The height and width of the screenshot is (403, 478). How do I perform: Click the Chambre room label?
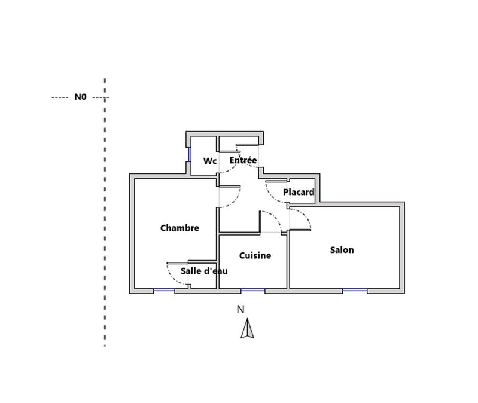pyautogui.click(x=179, y=228)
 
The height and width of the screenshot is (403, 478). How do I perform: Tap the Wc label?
pyautogui.click(x=209, y=161)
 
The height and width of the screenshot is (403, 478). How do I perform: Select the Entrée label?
pyautogui.click(x=243, y=160)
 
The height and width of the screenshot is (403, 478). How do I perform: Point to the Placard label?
pyautogui.click(x=299, y=192)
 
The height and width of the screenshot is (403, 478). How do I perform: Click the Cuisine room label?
pyautogui.click(x=255, y=255)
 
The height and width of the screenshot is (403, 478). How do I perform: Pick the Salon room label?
pyautogui.click(x=342, y=250)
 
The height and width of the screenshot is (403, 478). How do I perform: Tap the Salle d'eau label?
pyautogui.click(x=204, y=271)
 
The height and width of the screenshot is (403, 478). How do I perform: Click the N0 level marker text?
pyautogui.click(x=80, y=97)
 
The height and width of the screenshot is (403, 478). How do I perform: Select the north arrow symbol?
pyautogui.click(x=248, y=329)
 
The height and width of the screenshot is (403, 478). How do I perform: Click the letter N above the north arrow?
pyautogui.click(x=240, y=309)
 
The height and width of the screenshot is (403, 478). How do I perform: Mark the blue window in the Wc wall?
pyautogui.click(x=189, y=154)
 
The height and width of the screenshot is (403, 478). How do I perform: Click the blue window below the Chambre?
pyautogui.click(x=164, y=291)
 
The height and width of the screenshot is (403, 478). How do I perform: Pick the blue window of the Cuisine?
pyautogui.click(x=252, y=291)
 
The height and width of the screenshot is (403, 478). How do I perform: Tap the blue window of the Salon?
pyautogui.click(x=355, y=291)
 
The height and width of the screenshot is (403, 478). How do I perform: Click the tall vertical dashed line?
pyautogui.click(x=105, y=239)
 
